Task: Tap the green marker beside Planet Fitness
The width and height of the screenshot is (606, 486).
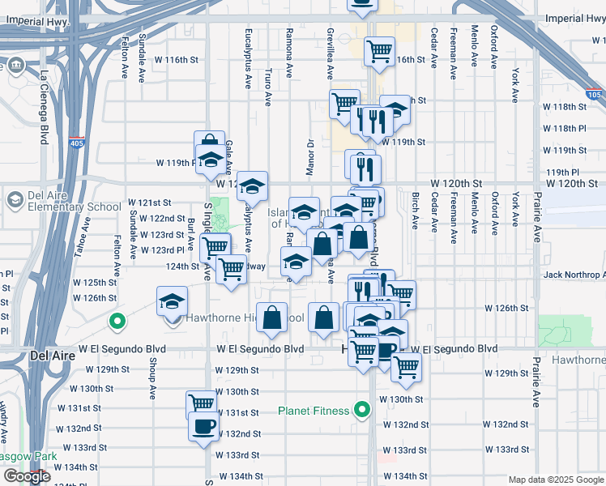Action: click(364, 410)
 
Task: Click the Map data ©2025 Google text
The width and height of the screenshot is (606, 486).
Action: click(556, 480)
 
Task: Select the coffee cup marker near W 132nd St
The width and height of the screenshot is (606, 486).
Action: click(203, 426)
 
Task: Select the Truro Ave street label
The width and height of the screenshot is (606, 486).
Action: click(267, 87)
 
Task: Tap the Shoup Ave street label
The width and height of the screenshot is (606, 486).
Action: click(152, 380)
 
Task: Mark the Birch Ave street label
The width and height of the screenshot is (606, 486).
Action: click(416, 211)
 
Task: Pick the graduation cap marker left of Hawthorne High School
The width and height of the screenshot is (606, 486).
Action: click(172, 302)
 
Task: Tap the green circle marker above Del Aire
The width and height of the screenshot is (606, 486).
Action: click(117, 322)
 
